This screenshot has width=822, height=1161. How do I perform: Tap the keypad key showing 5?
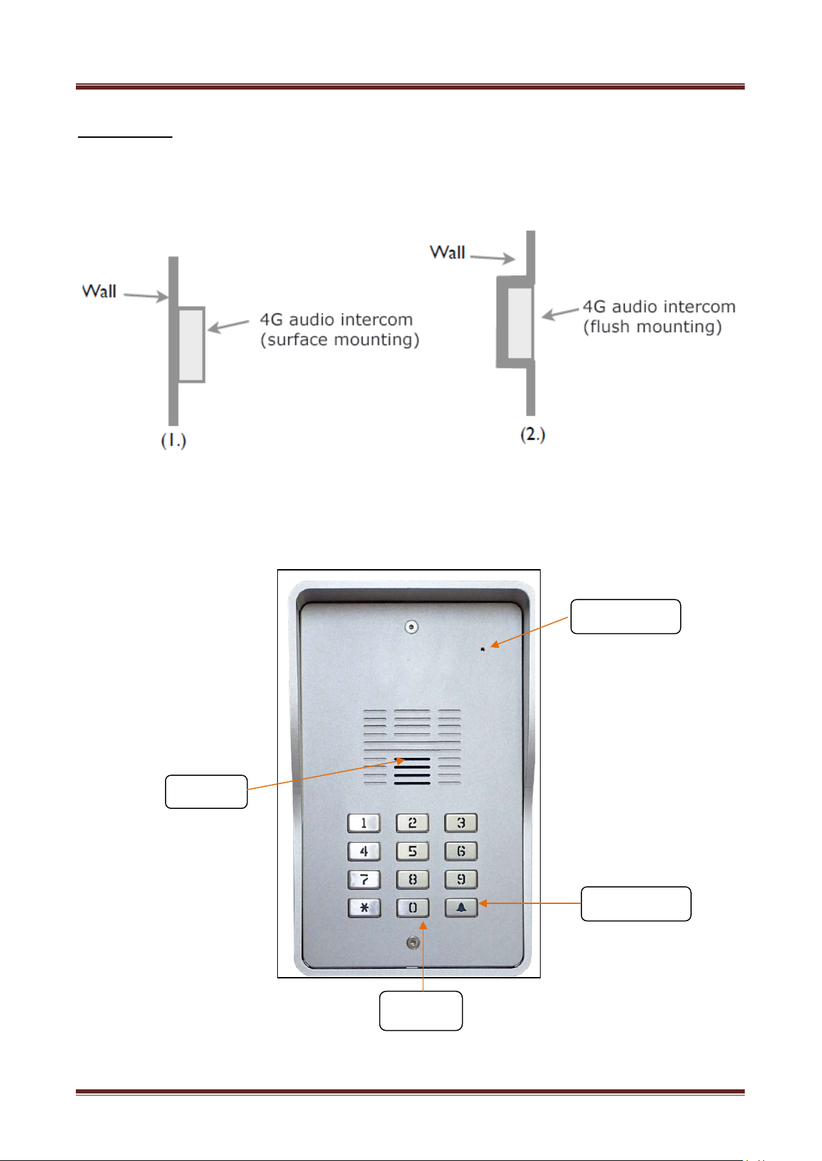point(412,851)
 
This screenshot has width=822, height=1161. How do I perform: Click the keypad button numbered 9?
point(461,879)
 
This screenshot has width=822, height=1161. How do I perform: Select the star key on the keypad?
point(364,907)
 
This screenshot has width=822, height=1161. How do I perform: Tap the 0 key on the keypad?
point(413,907)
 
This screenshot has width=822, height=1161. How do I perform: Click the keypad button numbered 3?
point(461,823)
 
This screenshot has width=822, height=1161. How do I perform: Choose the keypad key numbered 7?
point(364,879)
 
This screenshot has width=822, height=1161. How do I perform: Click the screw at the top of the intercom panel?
point(411,627)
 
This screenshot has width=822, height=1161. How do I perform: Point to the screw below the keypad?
point(413,943)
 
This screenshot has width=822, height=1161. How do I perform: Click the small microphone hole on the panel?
point(482,649)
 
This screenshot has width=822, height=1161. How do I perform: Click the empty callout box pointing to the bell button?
point(636,904)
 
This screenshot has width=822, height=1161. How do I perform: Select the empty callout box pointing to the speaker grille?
point(206,792)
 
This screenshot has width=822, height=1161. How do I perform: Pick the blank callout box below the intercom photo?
point(421,1011)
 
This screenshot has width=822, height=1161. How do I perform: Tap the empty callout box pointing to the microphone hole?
point(625,616)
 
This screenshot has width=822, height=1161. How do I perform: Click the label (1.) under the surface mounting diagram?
point(173,440)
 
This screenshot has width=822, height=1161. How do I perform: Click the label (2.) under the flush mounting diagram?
point(532,434)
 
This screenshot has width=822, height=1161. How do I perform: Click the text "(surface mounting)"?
point(340,340)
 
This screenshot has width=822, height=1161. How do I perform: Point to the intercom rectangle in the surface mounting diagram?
point(192,345)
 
